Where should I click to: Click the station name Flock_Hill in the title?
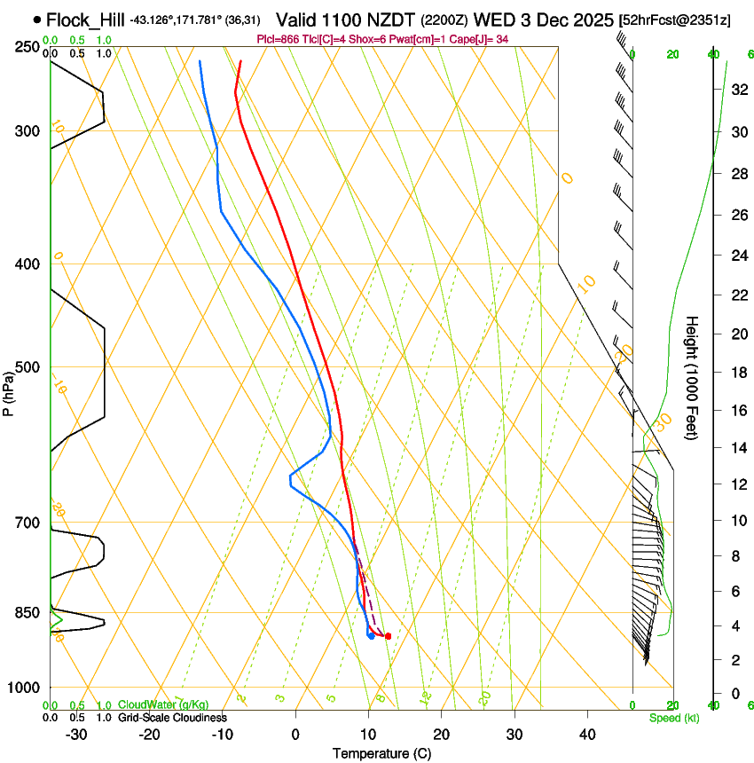tap(85, 19)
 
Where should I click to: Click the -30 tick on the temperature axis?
tap(76, 734)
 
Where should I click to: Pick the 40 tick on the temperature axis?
tap(586, 734)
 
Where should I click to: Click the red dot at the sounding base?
tap(388, 635)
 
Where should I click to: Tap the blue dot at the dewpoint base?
tap(371, 635)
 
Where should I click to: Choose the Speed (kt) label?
tap(673, 718)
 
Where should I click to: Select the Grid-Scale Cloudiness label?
tap(172, 718)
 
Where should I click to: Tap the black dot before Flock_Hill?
tap(36, 19)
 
